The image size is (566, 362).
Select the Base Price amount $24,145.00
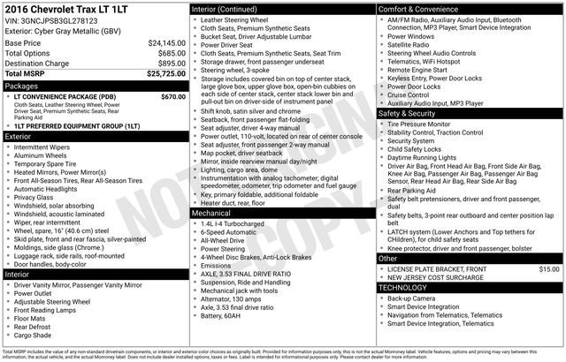click(166, 41)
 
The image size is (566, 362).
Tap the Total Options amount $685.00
click(171, 53)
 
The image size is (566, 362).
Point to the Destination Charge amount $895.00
click(171, 64)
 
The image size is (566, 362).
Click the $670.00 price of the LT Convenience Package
click(173, 96)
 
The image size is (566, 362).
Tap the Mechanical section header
click(212, 213)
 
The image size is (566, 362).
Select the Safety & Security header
click(408, 114)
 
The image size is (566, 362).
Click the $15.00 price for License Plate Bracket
click(549, 268)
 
